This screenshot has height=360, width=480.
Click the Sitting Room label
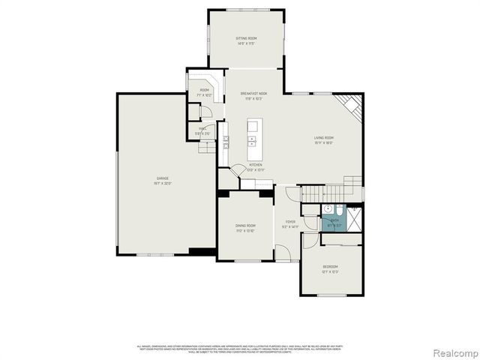click(x=247, y=37)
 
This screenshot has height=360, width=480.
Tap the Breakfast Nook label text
click(x=254, y=93)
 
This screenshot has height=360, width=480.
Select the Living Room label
click(x=324, y=137)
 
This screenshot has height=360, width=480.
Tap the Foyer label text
click(x=289, y=221)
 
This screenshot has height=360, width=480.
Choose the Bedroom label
click(x=330, y=266)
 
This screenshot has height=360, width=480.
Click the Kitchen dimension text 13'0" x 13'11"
click(x=255, y=170)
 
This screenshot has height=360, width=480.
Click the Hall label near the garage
click(x=202, y=128)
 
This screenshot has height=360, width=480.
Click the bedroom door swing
click(x=310, y=241)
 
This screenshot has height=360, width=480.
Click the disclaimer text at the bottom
click(x=239, y=349)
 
